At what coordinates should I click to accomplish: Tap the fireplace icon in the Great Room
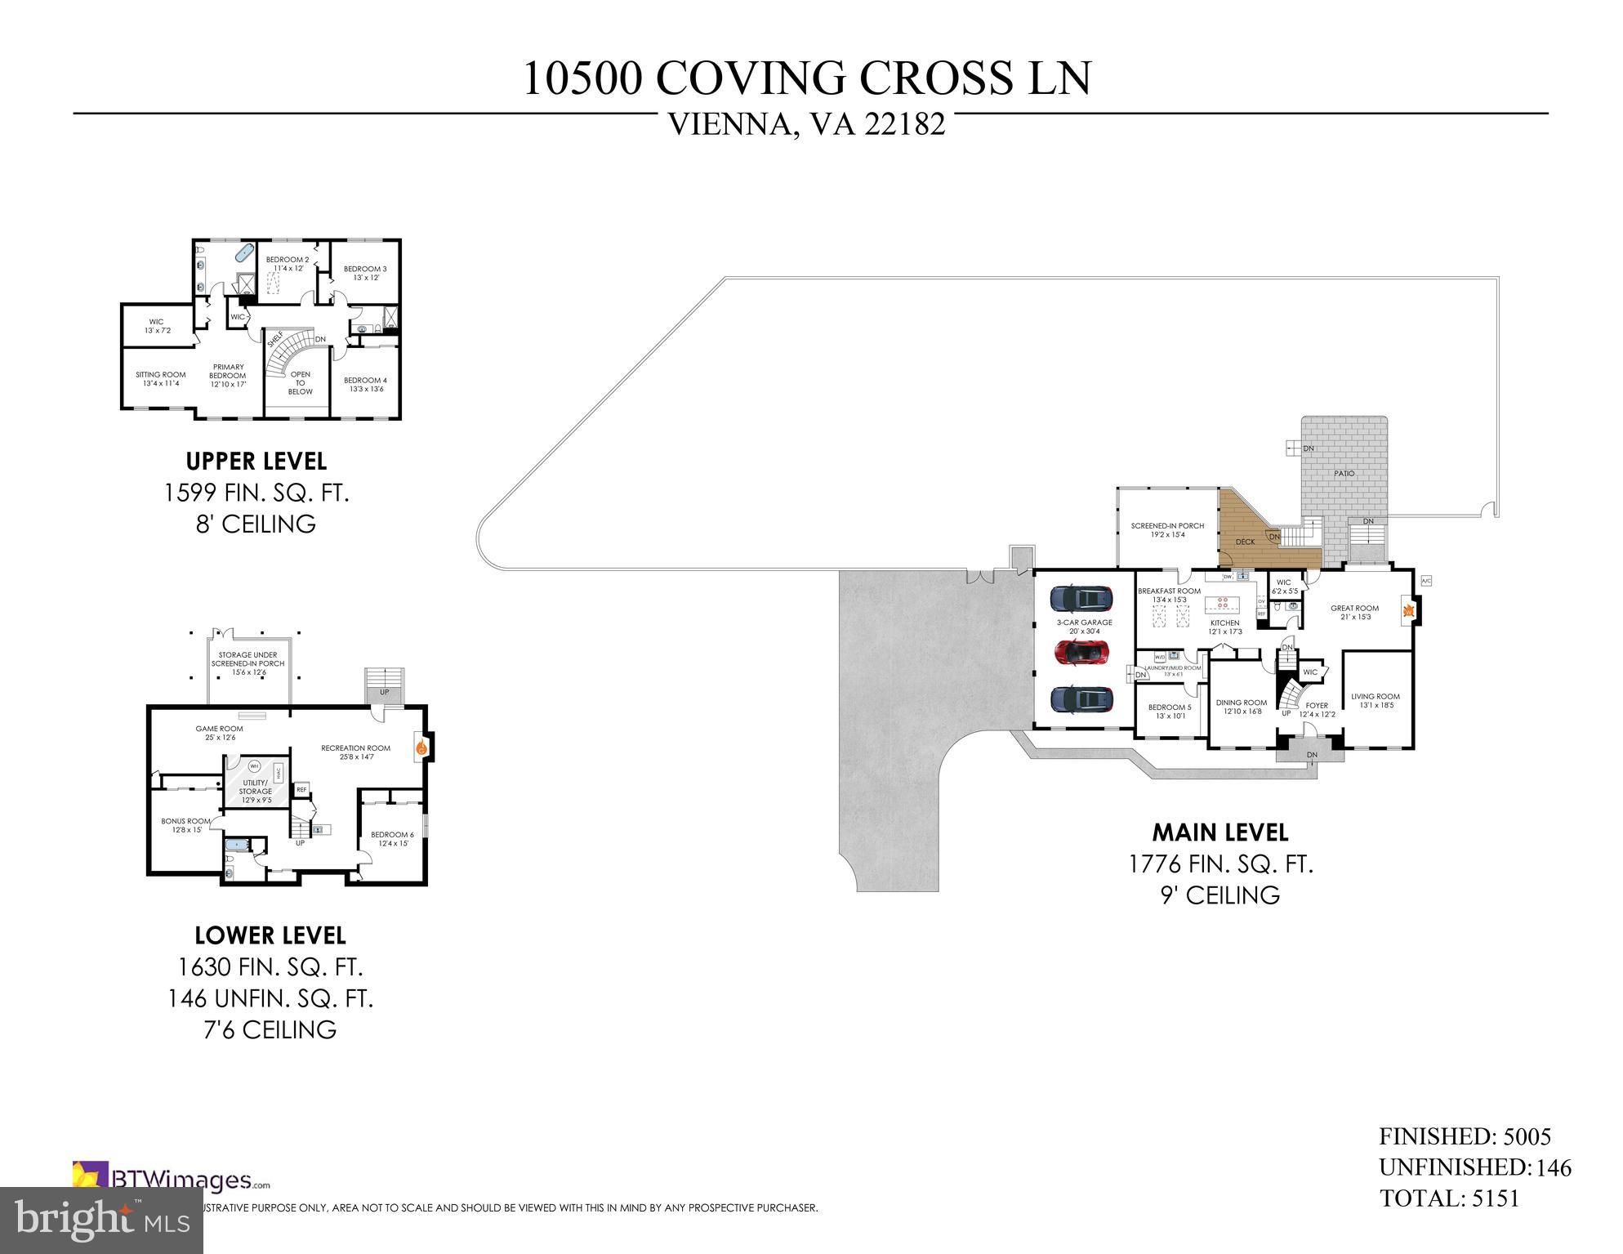click(1408, 609)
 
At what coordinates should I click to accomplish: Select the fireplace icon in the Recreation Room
click(421, 747)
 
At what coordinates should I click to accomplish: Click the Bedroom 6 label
click(392, 838)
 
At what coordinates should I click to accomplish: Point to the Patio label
click(1344, 474)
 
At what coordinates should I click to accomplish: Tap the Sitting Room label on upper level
click(161, 378)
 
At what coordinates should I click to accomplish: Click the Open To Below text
click(300, 382)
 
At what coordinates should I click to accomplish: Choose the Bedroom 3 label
click(365, 273)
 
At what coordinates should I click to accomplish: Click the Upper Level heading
click(256, 462)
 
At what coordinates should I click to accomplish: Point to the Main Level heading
click(1219, 832)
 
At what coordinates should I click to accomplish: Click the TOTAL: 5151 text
click(1449, 1198)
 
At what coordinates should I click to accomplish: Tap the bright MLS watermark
click(101, 1220)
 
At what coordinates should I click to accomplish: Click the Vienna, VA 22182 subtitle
click(807, 124)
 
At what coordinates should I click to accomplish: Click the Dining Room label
click(1241, 707)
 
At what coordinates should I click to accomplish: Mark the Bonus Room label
click(186, 825)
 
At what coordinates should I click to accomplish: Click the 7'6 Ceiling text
click(270, 1029)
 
